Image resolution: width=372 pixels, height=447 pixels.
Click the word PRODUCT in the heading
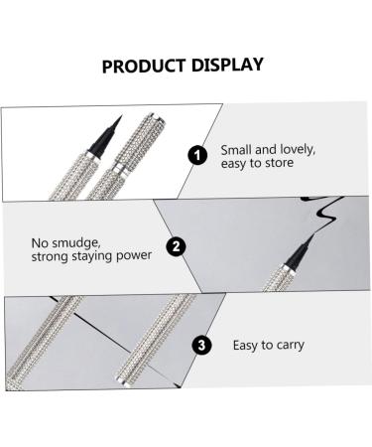point(144,66)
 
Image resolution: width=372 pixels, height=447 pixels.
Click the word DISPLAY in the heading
point(227,65)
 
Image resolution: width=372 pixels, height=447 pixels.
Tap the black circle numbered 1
point(197,155)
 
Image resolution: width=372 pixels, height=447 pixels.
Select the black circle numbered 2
point(176,246)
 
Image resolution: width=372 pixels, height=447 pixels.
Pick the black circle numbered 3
point(201,345)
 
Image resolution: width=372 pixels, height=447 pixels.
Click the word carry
point(291,346)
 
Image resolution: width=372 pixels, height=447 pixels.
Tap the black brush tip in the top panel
point(105,137)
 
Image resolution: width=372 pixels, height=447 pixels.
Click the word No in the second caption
point(40,243)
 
